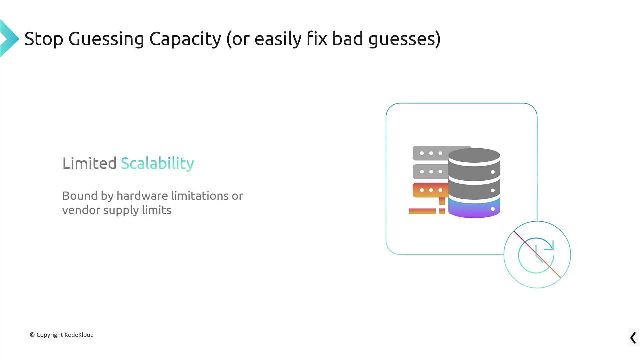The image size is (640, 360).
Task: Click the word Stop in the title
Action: coord(44,39)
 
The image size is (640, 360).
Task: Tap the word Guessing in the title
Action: coord(106,39)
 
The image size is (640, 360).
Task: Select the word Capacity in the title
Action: coord(185,39)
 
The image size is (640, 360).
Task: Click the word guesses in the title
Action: coord(404,39)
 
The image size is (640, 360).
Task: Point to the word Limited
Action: coord(89,163)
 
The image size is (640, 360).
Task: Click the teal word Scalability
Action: coord(157,163)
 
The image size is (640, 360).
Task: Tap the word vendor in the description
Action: coord(81,210)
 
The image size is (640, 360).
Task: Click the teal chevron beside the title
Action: coord(9,38)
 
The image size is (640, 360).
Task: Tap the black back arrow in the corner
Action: coord(633,338)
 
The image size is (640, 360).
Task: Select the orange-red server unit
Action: coord(430,190)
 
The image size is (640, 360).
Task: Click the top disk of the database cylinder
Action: coord(474,155)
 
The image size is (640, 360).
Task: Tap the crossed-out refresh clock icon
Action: coord(537,255)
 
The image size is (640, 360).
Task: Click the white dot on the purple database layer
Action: coord(493,209)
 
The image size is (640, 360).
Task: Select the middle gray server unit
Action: coord(430,172)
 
